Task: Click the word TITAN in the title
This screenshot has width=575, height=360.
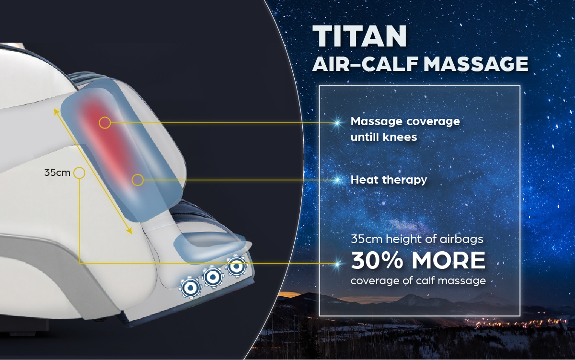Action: [x=360, y=36]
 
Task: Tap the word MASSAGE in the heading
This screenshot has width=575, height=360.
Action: [x=476, y=64]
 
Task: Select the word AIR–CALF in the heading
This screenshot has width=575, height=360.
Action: [x=365, y=64]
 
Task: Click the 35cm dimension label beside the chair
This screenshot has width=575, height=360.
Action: [x=57, y=173]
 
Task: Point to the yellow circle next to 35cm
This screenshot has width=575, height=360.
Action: [x=80, y=173]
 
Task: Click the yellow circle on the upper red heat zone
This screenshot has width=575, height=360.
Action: [x=105, y=123]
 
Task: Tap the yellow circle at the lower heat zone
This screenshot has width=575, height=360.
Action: [x=138, y=180]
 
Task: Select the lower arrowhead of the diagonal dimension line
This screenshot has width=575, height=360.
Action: [x=130, y=231]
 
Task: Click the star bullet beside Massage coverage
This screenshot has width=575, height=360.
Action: [x=337, y=123]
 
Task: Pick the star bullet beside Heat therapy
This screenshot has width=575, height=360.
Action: [x=337, y=180]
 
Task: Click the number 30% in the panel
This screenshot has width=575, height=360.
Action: [x=377, y=260]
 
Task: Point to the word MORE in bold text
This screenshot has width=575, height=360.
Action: [x=448, y=260]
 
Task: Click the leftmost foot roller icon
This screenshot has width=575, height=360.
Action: [x=190, y=288]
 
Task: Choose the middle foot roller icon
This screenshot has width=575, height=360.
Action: [x=213, y=277]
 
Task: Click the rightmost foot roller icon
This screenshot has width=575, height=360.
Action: [x=236, y=266]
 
